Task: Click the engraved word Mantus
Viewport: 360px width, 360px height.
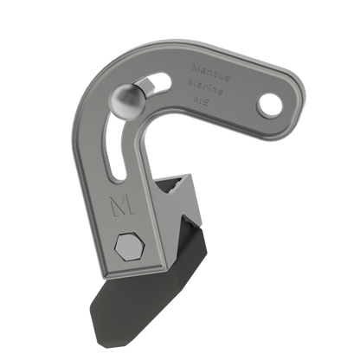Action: [x=205, y=62]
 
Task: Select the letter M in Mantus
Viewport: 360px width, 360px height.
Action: [x=194, y=64]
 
